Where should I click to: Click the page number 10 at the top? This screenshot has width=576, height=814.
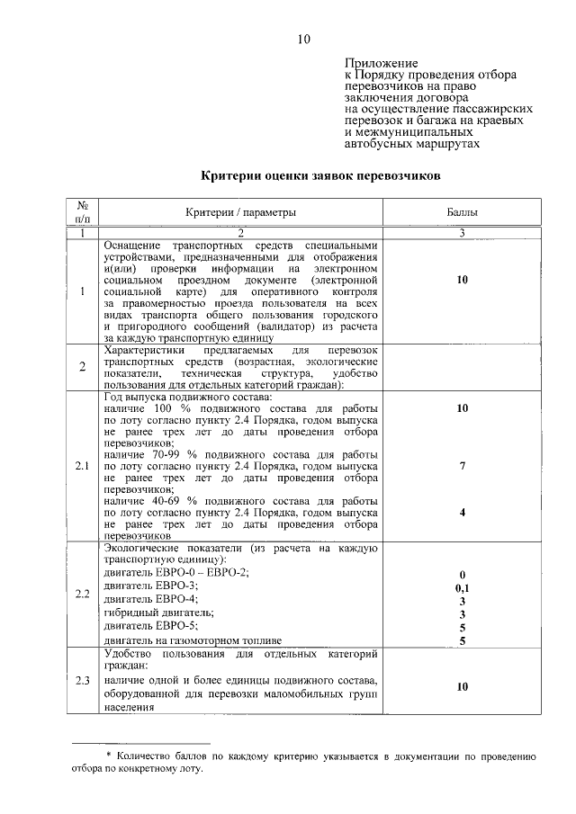303,39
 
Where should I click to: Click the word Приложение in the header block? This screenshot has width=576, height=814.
382,63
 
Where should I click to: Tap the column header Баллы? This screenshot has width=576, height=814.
462,212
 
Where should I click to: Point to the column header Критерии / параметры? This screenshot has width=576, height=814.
240,212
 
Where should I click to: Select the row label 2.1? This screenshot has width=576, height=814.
82,467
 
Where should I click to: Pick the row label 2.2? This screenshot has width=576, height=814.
82,594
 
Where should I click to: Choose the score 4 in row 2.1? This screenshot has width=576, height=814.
462,512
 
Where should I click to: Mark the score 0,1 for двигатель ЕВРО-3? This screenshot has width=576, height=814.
462,586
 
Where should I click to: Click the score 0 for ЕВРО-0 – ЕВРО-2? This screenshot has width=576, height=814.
462,574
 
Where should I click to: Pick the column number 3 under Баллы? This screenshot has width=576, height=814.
462,234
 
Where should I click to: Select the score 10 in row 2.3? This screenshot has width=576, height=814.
462,686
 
